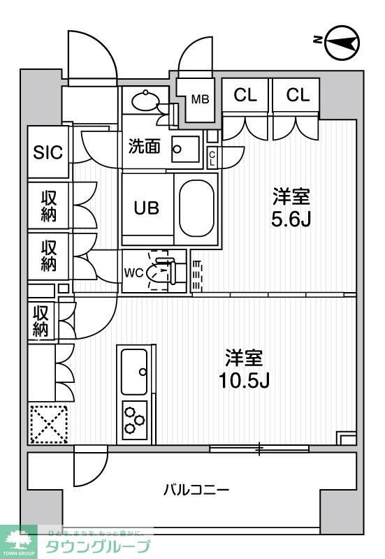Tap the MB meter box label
(201, 100)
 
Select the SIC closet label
(48, 152)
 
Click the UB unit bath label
(147, 208)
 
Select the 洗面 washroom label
(145, 147)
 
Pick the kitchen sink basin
(135, 371)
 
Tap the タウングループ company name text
(97, 546)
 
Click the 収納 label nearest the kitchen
(41, 321)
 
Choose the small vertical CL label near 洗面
(212, 158)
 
